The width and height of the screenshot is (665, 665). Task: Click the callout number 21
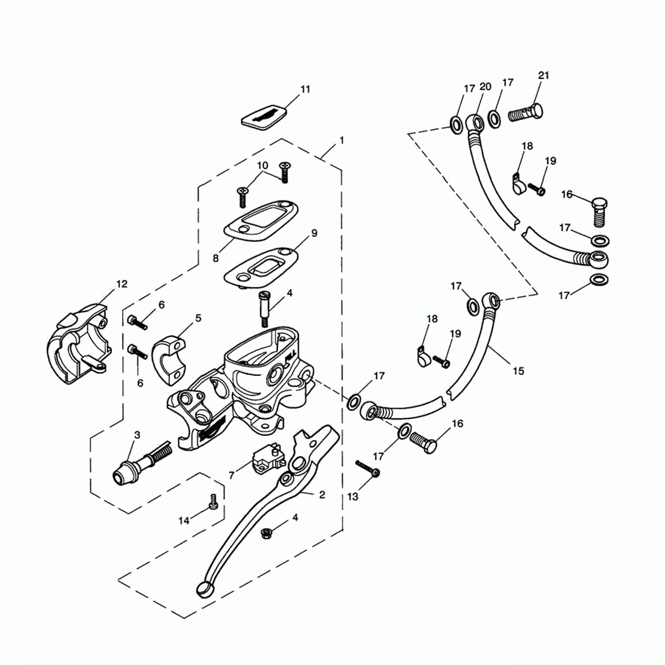[544, 76]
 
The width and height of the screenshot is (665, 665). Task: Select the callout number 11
[305, 89]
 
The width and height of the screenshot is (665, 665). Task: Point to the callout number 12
[122, 284]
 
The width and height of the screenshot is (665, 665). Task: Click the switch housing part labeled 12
[78, 344]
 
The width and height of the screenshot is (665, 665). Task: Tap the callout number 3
[137, 435]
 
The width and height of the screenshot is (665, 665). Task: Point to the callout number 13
[352, 497]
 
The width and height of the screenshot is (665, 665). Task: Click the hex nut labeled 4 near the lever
[266, 533]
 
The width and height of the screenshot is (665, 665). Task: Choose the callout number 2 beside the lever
[322, 495]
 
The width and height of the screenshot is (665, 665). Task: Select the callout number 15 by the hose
[518, 371]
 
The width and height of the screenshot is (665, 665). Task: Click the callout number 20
[485, 87]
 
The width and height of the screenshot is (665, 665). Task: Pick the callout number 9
[314, 233]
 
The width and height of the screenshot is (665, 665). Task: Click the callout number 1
[342, 141]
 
